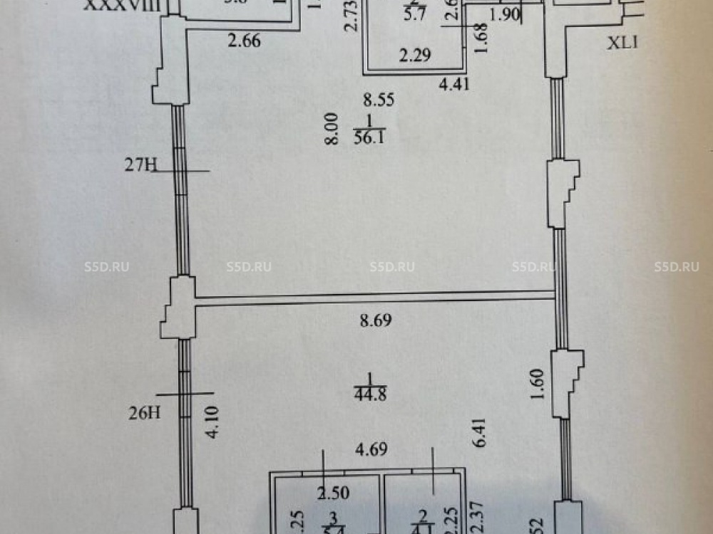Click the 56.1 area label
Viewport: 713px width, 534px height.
[369, 139]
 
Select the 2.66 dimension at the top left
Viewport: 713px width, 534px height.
[244, 41]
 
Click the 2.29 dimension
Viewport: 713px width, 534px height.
[414, 55]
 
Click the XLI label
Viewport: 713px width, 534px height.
[622, 43]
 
